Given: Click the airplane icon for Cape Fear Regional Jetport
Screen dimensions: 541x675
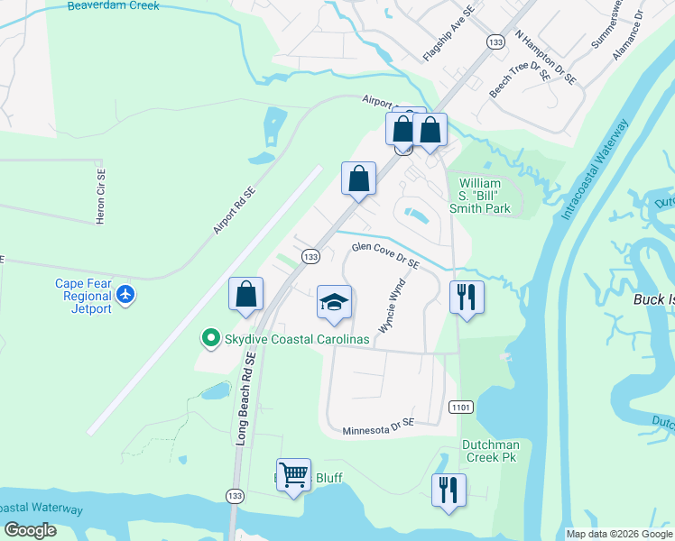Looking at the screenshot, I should pyautogui.click(x=125, y=295).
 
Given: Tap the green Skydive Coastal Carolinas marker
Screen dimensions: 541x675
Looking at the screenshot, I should pyautogui.click(x=210, y=338).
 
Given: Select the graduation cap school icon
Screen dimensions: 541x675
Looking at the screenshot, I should pyautogui.click(x=334, y=303).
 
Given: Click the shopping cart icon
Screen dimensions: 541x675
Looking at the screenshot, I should pyautogui.click(x=293, y=474).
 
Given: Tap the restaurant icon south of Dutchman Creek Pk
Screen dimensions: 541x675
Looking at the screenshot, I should pyautogui.click(x=448, y=491).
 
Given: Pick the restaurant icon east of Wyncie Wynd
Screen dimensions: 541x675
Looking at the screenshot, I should pyautogui.click(x=467, y=297).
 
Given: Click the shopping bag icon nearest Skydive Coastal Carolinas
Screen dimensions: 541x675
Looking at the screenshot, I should pyautogui.click(x=245, y=294).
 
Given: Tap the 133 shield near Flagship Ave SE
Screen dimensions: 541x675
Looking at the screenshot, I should pyautogui.click(x=495, y=41).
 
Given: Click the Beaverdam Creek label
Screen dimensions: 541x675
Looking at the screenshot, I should pyautogui.click(x=114, y=6).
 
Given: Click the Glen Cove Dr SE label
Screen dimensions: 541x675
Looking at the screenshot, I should pyautogui.click(x=386, y=254).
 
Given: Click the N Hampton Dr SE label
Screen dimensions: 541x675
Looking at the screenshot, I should pyautogui.click(x=545, y=58).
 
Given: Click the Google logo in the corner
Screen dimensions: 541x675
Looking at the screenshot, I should pyautogui.click(x=30, y=530).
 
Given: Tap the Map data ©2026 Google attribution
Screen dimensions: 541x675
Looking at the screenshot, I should pyautogui.click(x=619, y=534).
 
